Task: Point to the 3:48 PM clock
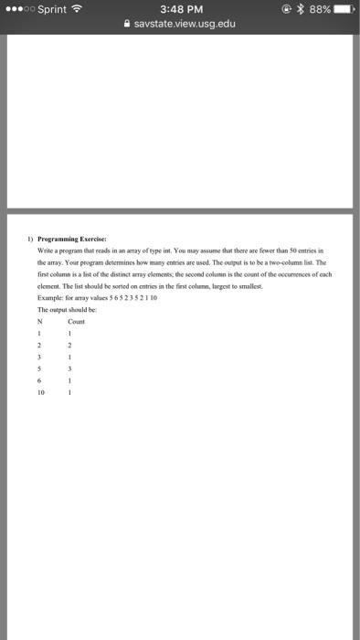pos(179,10)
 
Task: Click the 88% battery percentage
pos(320,10)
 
